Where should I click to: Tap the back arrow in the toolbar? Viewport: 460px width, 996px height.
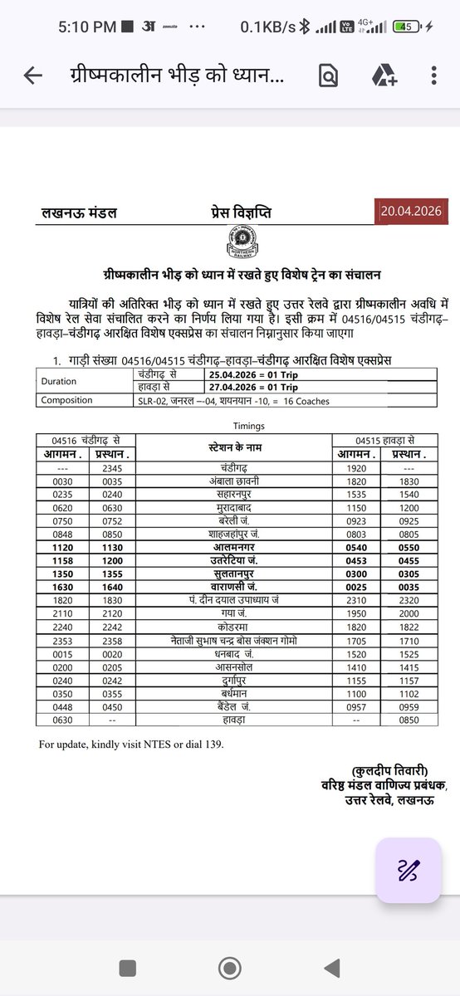pyautogui.click(x=33, y=76)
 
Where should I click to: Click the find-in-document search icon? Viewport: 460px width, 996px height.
pyautogui.click(x=329, y=76)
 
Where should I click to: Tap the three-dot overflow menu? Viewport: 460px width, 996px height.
pyautogui.click(x=434, y=76)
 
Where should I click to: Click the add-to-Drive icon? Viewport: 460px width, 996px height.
pyautogui.click(x=384, y=76)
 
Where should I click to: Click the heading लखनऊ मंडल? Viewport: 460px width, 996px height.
pyautogui.click(x=80, y=213)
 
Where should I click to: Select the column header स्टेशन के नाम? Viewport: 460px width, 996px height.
pyautogui.click(x=233, y=448)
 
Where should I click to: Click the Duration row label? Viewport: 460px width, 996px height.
pyautogui.click(x=58, y=382)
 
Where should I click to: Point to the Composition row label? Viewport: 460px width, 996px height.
pyautogui.click(x=66, y=401)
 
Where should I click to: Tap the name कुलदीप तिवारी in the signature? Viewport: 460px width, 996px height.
pyautogui.click(x=389, y=769)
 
